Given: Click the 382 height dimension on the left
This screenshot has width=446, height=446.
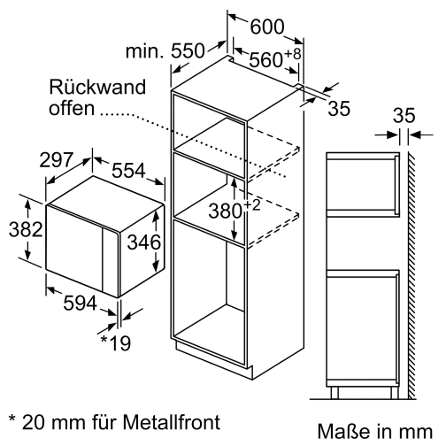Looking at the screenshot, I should [x=18, y=229].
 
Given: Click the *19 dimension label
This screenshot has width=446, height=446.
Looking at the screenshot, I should [x=115, y=341].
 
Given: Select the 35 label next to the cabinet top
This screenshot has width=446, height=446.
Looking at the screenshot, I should [x=339, y=108].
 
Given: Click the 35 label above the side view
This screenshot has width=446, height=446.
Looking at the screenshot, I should [x=404, y=115].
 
